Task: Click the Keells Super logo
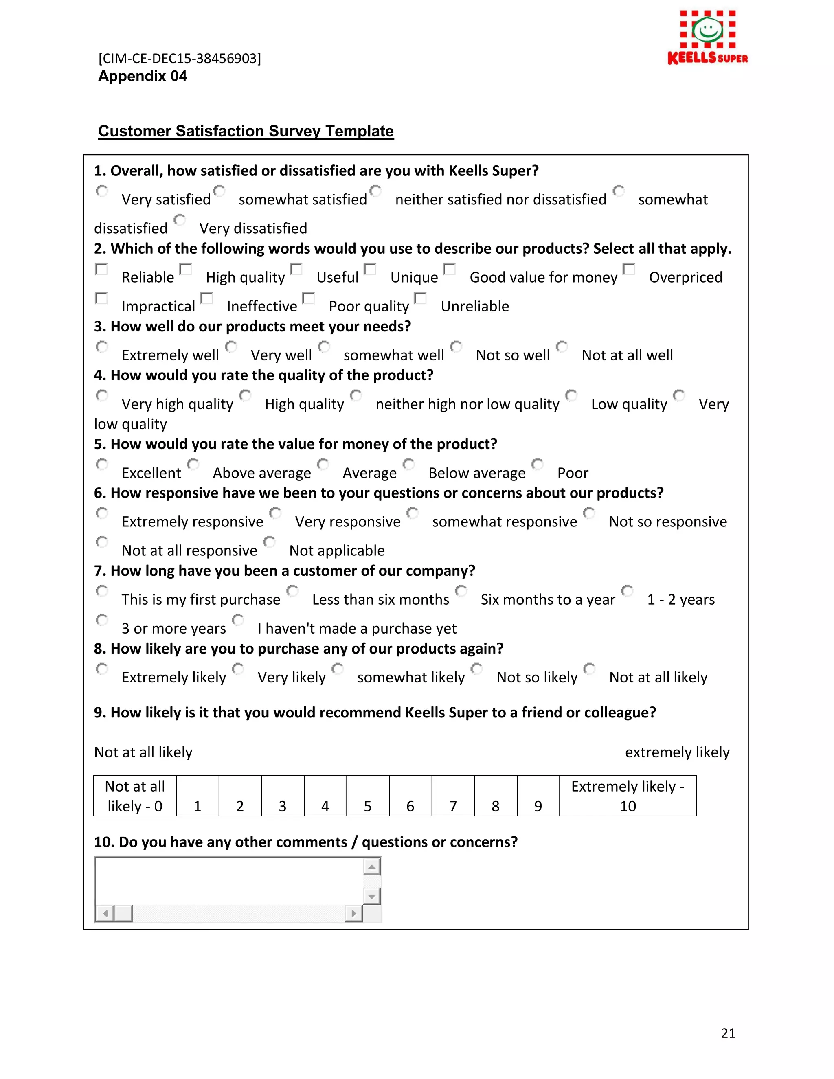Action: coord(707,37)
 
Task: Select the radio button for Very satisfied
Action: coord(102,191)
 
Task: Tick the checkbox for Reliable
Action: coord(101,269)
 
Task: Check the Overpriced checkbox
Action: coord(628,269)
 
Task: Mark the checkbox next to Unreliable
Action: coord(420,298)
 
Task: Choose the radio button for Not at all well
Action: coord(562,347)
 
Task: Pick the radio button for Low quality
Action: coord(571,395)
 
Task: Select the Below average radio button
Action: coord(408,464)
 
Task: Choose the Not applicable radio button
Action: coord(269,542)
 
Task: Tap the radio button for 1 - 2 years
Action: coord(627,590)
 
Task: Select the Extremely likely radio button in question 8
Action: coord(102,669)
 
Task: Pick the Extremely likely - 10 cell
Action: coord(628,796)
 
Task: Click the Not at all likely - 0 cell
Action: coord(135,796)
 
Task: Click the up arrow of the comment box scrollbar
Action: coord(371,866)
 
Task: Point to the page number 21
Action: coord(728,1033)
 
